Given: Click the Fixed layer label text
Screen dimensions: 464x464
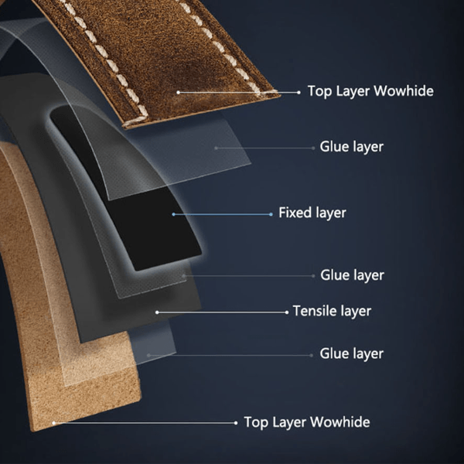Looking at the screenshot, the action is pos(312,213).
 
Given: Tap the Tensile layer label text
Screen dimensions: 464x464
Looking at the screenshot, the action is pos(332,312).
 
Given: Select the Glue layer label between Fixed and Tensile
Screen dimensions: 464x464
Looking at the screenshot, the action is pos(352,275).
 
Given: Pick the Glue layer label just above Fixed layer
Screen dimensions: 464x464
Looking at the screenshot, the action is pos(352,147).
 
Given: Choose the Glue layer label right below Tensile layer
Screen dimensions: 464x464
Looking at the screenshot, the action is pos(352,354).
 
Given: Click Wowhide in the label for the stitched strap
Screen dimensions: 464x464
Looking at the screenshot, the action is pos(404,90).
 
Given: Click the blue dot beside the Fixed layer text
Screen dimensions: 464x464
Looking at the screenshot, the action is pos(271,214).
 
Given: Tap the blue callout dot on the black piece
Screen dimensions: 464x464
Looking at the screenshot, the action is pos(173,214).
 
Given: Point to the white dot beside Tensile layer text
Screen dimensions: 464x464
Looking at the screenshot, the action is pos(286,312).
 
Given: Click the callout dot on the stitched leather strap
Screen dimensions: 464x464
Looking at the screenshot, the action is pos(178,93).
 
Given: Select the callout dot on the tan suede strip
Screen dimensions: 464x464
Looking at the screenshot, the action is pos(54,423).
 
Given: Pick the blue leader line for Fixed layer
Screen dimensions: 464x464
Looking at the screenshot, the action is pos(222,214).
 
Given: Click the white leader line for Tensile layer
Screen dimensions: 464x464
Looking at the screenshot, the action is pos(222,312).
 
